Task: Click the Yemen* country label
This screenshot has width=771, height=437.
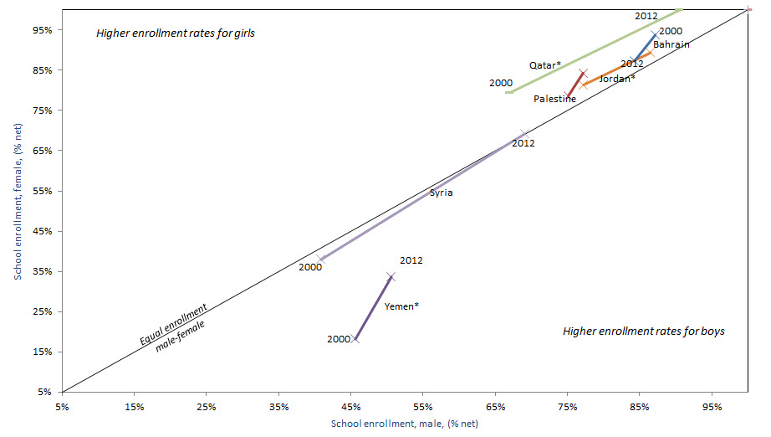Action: pos(401,306)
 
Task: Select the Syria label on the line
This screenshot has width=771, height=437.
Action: pos(441,193)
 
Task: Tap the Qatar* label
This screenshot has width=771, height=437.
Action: pos(544,65)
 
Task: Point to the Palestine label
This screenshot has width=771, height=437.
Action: pos(554,99)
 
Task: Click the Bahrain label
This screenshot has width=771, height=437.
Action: pos(671,44)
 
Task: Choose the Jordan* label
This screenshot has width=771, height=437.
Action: pos(617,79)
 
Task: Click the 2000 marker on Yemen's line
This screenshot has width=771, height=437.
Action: pos(355,339)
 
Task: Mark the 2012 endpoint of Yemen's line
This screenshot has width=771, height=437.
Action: pos(391,275)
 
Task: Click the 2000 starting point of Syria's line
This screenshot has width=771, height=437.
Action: pos(319,260)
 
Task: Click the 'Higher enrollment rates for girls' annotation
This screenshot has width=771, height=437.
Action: pos(175,34)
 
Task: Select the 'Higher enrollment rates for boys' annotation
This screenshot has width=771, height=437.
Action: pos(643,332)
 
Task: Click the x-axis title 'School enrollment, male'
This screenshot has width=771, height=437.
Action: pos(404,424)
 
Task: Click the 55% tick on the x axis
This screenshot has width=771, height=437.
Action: pos(422,407)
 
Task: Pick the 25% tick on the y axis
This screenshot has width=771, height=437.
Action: pos(42,311)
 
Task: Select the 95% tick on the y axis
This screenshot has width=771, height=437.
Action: pos(42,30)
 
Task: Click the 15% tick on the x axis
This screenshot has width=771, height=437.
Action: pos(134,407)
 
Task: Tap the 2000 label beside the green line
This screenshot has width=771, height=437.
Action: pos(500,83)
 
